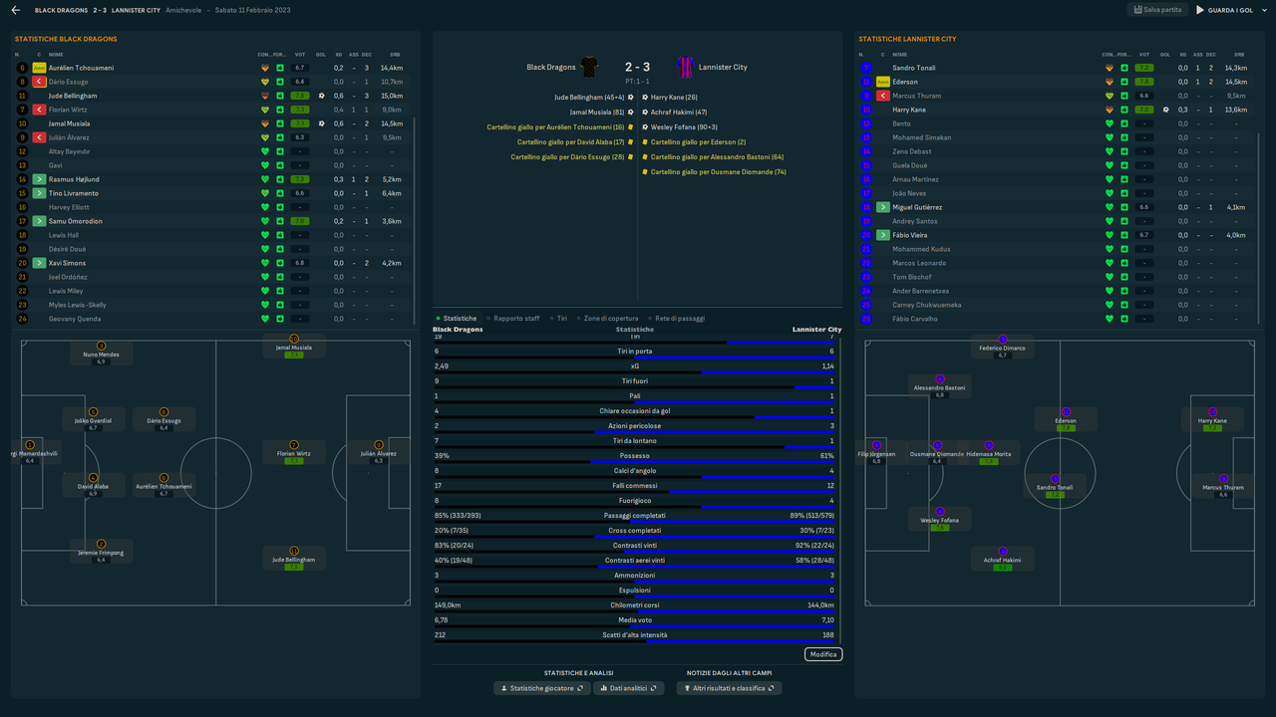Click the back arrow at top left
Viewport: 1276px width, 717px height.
16,10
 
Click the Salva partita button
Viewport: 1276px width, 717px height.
1156,10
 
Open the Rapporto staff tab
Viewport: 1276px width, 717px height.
516,319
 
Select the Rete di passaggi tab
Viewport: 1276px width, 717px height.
679,319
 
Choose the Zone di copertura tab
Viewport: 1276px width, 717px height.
611,319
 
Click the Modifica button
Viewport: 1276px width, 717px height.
823,654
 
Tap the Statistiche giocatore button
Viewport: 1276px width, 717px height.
542,688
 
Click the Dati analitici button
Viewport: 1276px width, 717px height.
628,688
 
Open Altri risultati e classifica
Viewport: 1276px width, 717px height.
729,688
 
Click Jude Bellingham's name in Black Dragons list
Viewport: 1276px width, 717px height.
73,96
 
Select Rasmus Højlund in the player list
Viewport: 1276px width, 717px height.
74,179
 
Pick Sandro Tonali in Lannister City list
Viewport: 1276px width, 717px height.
913,68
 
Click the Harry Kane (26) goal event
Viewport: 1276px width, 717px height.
674,98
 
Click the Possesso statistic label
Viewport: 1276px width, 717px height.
635,456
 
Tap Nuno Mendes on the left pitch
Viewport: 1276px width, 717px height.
101,355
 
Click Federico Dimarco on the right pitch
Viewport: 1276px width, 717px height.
1003,349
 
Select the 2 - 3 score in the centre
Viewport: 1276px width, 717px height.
637,68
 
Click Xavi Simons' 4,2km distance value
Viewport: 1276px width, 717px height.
392,263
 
